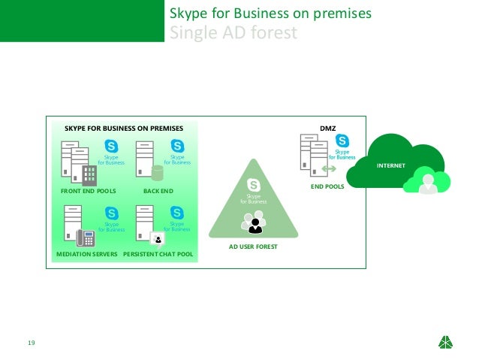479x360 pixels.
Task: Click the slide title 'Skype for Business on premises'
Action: click(x=270, y=14)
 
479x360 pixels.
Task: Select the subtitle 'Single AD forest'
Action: click(x=233, y=34)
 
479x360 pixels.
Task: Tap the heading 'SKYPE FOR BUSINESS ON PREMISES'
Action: click(x=124, y=128)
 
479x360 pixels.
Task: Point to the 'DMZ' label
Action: click(x=327, y=128)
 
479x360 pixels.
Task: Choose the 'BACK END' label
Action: click(x=158, y=191)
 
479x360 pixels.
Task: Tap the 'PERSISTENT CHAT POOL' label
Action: click(x=158, y=254)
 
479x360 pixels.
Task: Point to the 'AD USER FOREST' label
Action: click(x=253, y=246)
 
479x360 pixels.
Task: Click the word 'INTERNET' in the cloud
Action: click(x=390, y=165)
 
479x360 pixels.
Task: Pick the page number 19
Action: click(x=31, y=343)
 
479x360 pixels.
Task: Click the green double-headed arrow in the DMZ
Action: click(x=329, y=168)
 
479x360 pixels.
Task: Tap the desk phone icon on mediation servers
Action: click(x=86, y=239)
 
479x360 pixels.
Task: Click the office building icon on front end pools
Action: click(x=89, y=176)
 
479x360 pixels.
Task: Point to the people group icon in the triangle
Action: click(x=254, y=222)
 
